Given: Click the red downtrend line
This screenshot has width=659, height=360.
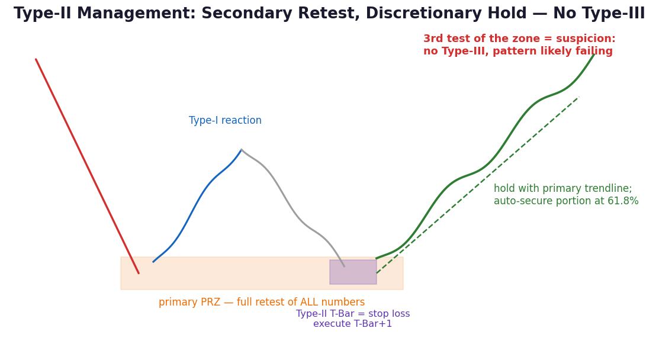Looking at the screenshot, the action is pos(88,166).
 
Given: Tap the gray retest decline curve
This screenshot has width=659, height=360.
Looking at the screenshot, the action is pos(290,207).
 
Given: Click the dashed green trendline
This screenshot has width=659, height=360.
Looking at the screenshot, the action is pos(478,185).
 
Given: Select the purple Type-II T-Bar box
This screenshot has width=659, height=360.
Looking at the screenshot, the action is pos(353,272).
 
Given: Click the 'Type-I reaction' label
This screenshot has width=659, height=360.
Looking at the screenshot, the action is pos(225,121).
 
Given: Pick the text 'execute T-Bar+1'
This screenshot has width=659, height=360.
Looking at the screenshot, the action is pos(353,324).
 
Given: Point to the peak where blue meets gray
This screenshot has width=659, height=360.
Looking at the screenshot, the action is pos(242,150).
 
